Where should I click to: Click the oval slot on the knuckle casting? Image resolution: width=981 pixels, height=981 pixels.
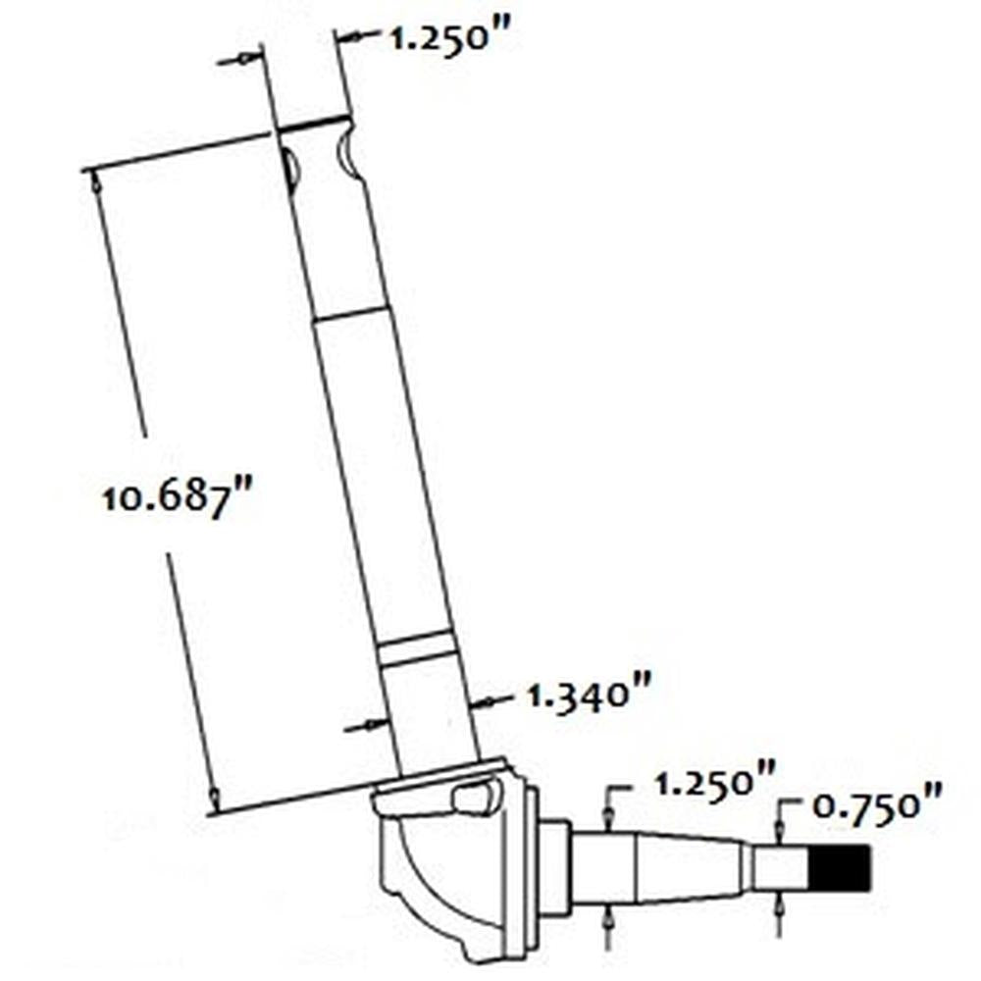point(474,798)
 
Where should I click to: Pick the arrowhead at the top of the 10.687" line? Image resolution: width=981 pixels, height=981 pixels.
point(94,180)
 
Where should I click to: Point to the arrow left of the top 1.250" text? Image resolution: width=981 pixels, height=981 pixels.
point(351,39)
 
